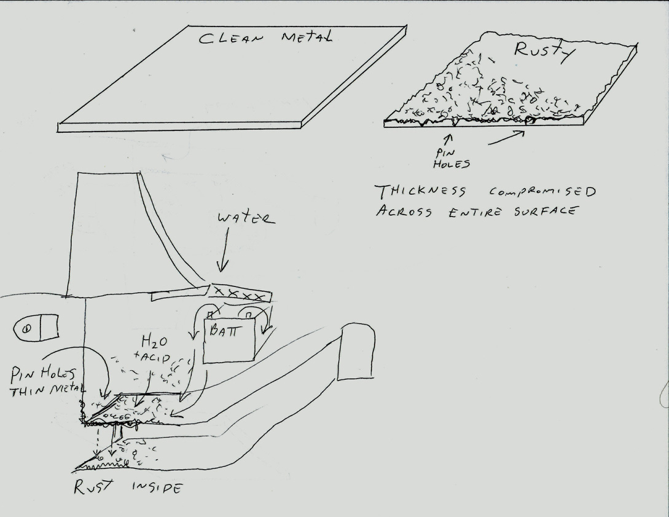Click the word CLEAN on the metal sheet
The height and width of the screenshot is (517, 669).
click(231, 38)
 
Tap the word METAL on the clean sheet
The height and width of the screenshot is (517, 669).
click(307, 37)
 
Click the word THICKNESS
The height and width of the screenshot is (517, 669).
click(420, 191)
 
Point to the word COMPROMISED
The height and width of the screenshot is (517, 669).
click(542, 191)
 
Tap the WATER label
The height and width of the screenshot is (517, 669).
click(246, 219)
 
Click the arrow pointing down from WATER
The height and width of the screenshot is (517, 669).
click(223, 250)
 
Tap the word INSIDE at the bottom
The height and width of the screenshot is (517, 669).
click(157, 487)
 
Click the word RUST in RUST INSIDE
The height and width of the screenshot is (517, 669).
click(94, 487)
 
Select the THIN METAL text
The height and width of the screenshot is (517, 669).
click(48, 390)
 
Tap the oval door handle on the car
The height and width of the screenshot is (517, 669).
click(36, 328)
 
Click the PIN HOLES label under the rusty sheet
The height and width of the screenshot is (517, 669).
click(451, 158)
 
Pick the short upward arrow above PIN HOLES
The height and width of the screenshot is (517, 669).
click(449, 140)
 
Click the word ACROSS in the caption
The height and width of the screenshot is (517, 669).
click(404, 211)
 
